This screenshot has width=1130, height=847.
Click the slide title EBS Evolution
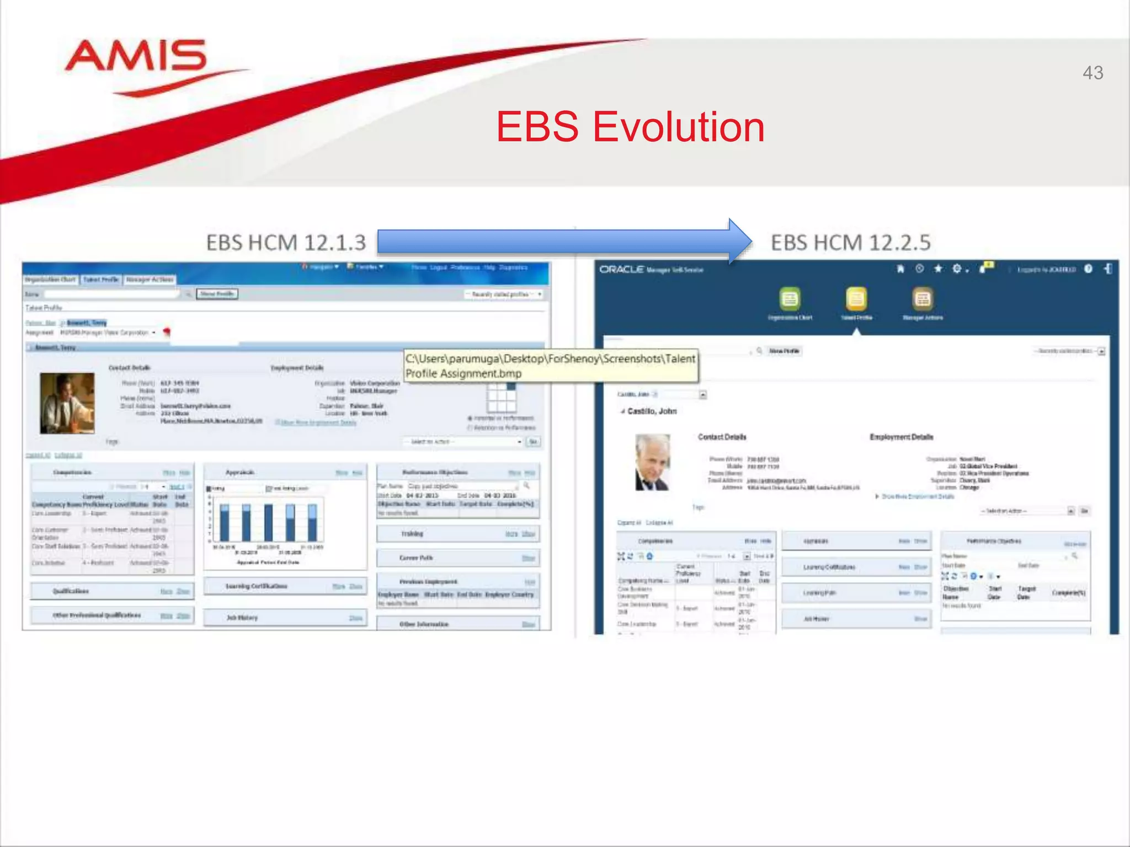[630, 127]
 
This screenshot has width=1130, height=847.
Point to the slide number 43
[1092, 73]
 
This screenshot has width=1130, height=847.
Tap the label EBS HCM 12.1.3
[286, 243]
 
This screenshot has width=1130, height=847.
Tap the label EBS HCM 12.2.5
[850, 243]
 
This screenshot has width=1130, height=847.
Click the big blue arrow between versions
[563, 242]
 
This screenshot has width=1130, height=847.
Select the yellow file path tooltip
[551, 366]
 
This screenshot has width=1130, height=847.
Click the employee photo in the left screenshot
[67, 403]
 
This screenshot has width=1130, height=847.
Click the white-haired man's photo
[653, 462]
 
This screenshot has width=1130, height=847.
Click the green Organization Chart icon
[790, 299]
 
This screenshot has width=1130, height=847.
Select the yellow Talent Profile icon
[856, 299]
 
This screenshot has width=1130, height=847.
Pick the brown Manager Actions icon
[923, 299]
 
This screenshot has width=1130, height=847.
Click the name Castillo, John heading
[652, 411]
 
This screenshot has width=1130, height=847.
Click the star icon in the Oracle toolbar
[938, 269]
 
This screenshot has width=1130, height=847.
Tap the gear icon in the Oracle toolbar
[957, 269]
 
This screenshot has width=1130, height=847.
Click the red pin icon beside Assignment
[167, 332]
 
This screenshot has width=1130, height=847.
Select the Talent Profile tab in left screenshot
[101, 280]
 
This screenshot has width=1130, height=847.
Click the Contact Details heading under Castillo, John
[722, 437]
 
